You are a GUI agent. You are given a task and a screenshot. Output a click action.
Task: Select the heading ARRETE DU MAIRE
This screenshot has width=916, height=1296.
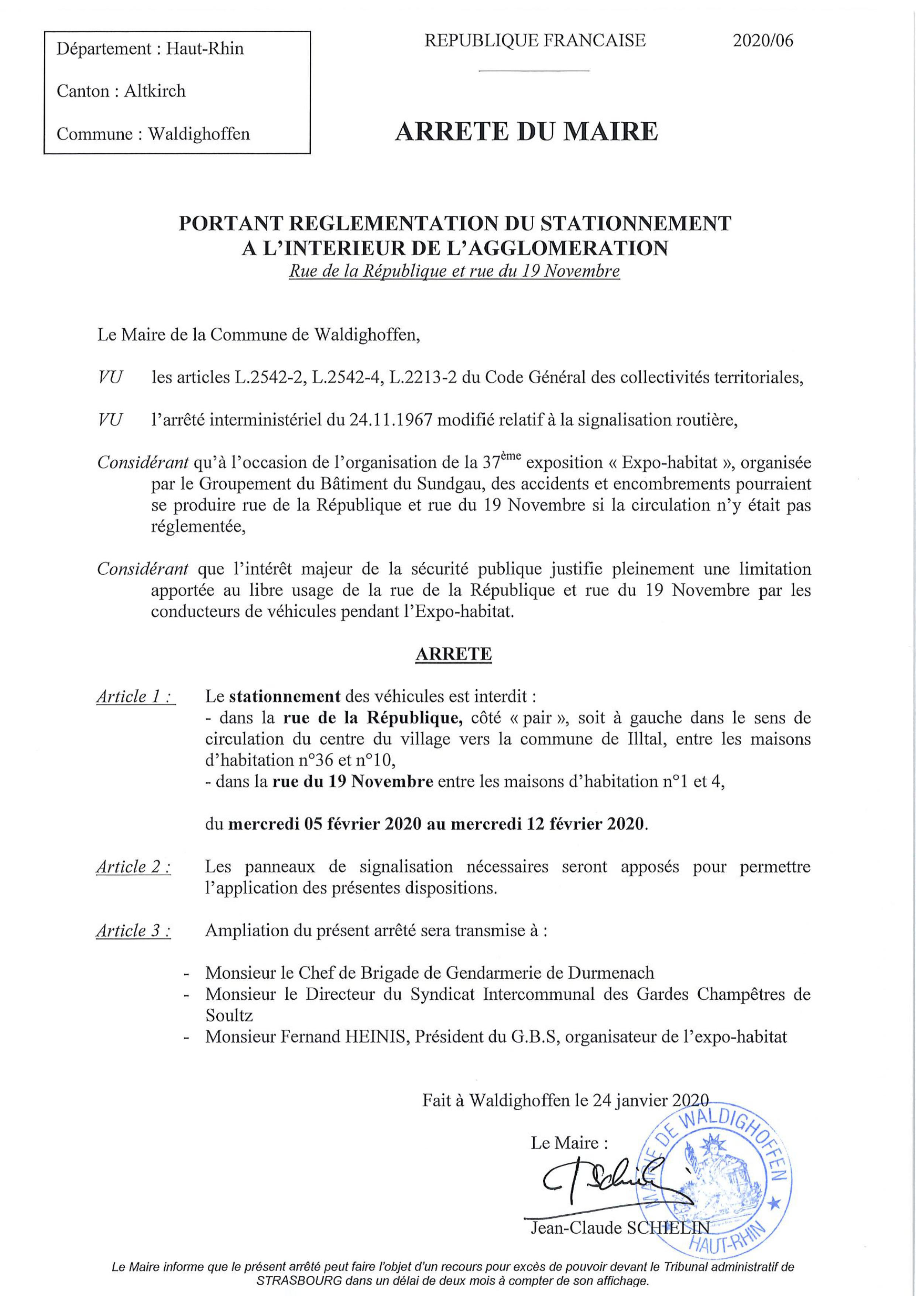tap(526, 131)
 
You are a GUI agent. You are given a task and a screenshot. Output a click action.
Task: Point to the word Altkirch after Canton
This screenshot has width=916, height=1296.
tap(155, 91)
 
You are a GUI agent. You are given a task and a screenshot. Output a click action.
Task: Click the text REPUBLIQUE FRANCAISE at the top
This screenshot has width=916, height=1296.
tap(535, 41)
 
